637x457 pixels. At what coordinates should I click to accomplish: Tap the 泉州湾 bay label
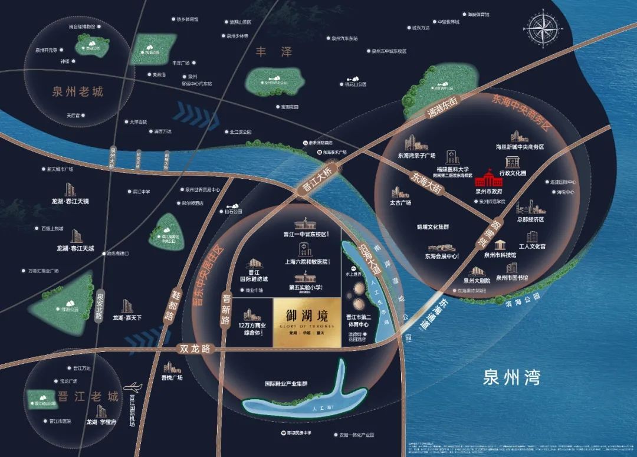(x=511, y=377)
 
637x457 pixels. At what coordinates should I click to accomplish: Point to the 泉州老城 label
(x=77, y=92)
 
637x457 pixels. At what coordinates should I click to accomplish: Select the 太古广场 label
(x=400, y=202)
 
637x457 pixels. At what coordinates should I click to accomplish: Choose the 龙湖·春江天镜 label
(x=70, y=201)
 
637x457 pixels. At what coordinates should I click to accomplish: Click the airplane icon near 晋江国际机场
(x=134, y=387)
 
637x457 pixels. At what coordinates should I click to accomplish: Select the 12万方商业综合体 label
(x=252, y=329)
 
